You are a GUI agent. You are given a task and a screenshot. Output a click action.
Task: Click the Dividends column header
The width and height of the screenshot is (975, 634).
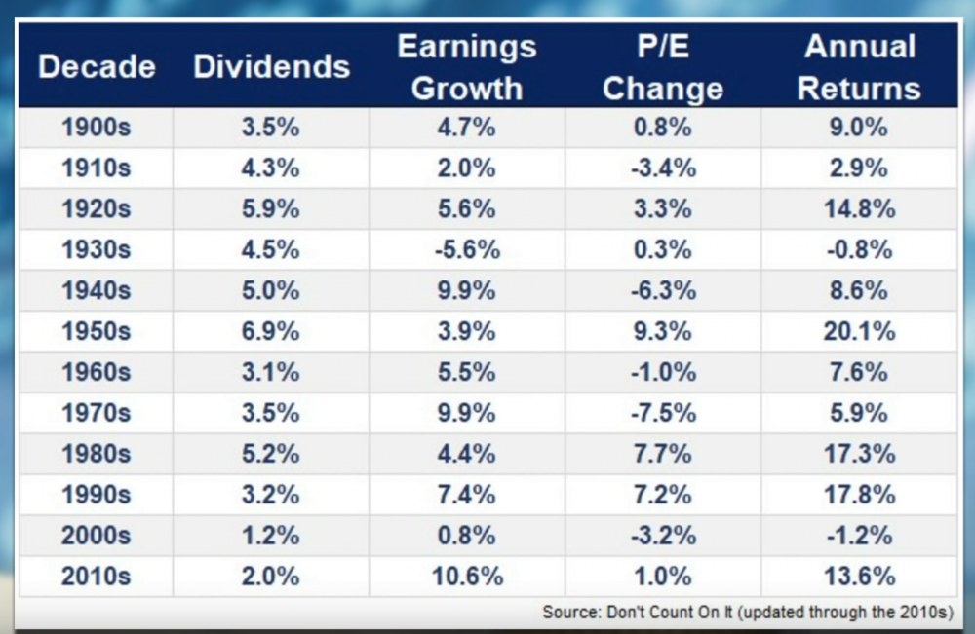271,66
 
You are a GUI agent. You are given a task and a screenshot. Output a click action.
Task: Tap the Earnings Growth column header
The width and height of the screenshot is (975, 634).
467,67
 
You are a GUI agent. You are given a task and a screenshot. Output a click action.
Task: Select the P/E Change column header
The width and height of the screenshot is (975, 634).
663,67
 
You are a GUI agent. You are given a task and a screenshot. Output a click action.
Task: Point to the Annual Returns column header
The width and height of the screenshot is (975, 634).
858,67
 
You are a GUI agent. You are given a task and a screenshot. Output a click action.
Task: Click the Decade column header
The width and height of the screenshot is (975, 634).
97,66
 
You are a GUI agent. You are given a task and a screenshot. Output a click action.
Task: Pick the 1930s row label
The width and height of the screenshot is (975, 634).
97,249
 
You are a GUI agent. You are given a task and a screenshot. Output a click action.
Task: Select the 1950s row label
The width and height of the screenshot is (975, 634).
97,331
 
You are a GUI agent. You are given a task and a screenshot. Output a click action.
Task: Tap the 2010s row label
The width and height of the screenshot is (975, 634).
97,576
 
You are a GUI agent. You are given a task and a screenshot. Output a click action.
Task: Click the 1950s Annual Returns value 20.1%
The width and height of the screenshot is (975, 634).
858,331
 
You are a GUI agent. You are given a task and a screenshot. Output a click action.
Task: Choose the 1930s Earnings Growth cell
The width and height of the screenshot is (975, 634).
467,249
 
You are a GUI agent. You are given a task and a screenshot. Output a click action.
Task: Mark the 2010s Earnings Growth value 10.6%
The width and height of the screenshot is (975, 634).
467,576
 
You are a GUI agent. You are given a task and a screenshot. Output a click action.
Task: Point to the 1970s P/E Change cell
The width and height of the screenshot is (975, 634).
663,413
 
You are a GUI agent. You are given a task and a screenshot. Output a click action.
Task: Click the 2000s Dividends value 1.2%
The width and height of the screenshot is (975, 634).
271,535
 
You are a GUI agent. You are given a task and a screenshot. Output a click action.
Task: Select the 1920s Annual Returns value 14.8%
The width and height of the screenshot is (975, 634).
858,208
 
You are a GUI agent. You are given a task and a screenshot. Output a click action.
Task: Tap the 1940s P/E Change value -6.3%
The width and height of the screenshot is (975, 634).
663,290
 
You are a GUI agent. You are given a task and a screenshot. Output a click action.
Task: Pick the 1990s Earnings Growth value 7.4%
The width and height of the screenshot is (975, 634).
467,494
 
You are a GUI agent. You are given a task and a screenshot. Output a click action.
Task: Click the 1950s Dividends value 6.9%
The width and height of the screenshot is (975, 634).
271,331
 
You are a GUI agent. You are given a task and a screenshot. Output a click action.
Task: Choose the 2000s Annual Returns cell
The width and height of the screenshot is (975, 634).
858,535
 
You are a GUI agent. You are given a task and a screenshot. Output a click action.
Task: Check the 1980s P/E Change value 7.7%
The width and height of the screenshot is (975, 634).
663,454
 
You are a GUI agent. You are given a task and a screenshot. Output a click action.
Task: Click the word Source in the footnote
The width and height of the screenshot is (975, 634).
568,613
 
